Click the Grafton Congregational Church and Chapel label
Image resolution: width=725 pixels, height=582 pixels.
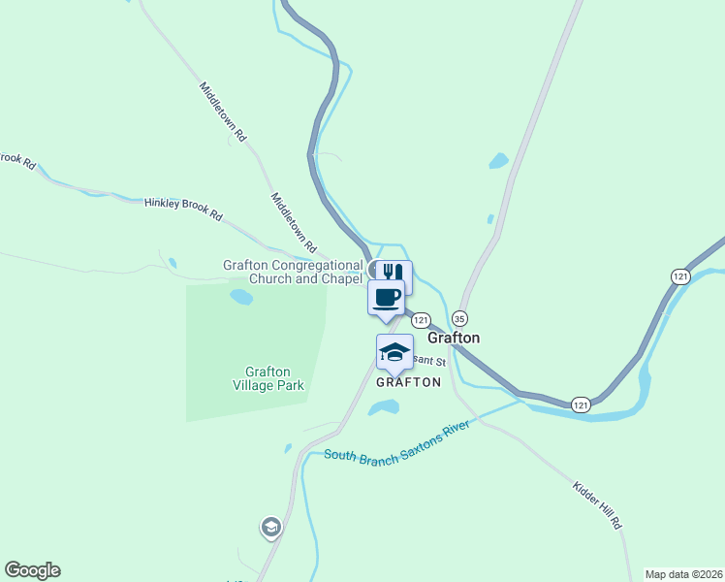[293, 272]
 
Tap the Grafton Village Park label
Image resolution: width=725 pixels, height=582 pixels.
[268, 378]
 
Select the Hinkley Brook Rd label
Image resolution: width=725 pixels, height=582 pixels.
[184, 209]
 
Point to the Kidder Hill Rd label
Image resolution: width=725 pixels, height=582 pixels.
[597, 504]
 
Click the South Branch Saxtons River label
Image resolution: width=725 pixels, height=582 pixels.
[397, 442]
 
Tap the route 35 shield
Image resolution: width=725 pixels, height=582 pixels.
[459, 318]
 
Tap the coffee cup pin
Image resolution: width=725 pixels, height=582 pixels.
[386, 297]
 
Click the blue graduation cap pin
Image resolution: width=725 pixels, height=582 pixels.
[394, 352]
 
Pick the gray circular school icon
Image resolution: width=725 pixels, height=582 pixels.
[270, 528]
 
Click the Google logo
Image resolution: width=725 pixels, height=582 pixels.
[32, 570]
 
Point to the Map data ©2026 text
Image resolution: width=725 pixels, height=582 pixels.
[683, 574]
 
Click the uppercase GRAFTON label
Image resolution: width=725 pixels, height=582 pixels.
[408, 382]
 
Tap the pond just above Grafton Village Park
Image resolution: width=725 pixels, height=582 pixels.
[241, 297]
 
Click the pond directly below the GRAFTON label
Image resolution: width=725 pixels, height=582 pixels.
[384, 408]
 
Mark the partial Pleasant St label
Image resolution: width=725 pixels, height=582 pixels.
[427, 362]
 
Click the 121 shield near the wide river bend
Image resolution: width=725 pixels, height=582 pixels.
[581, 404]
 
